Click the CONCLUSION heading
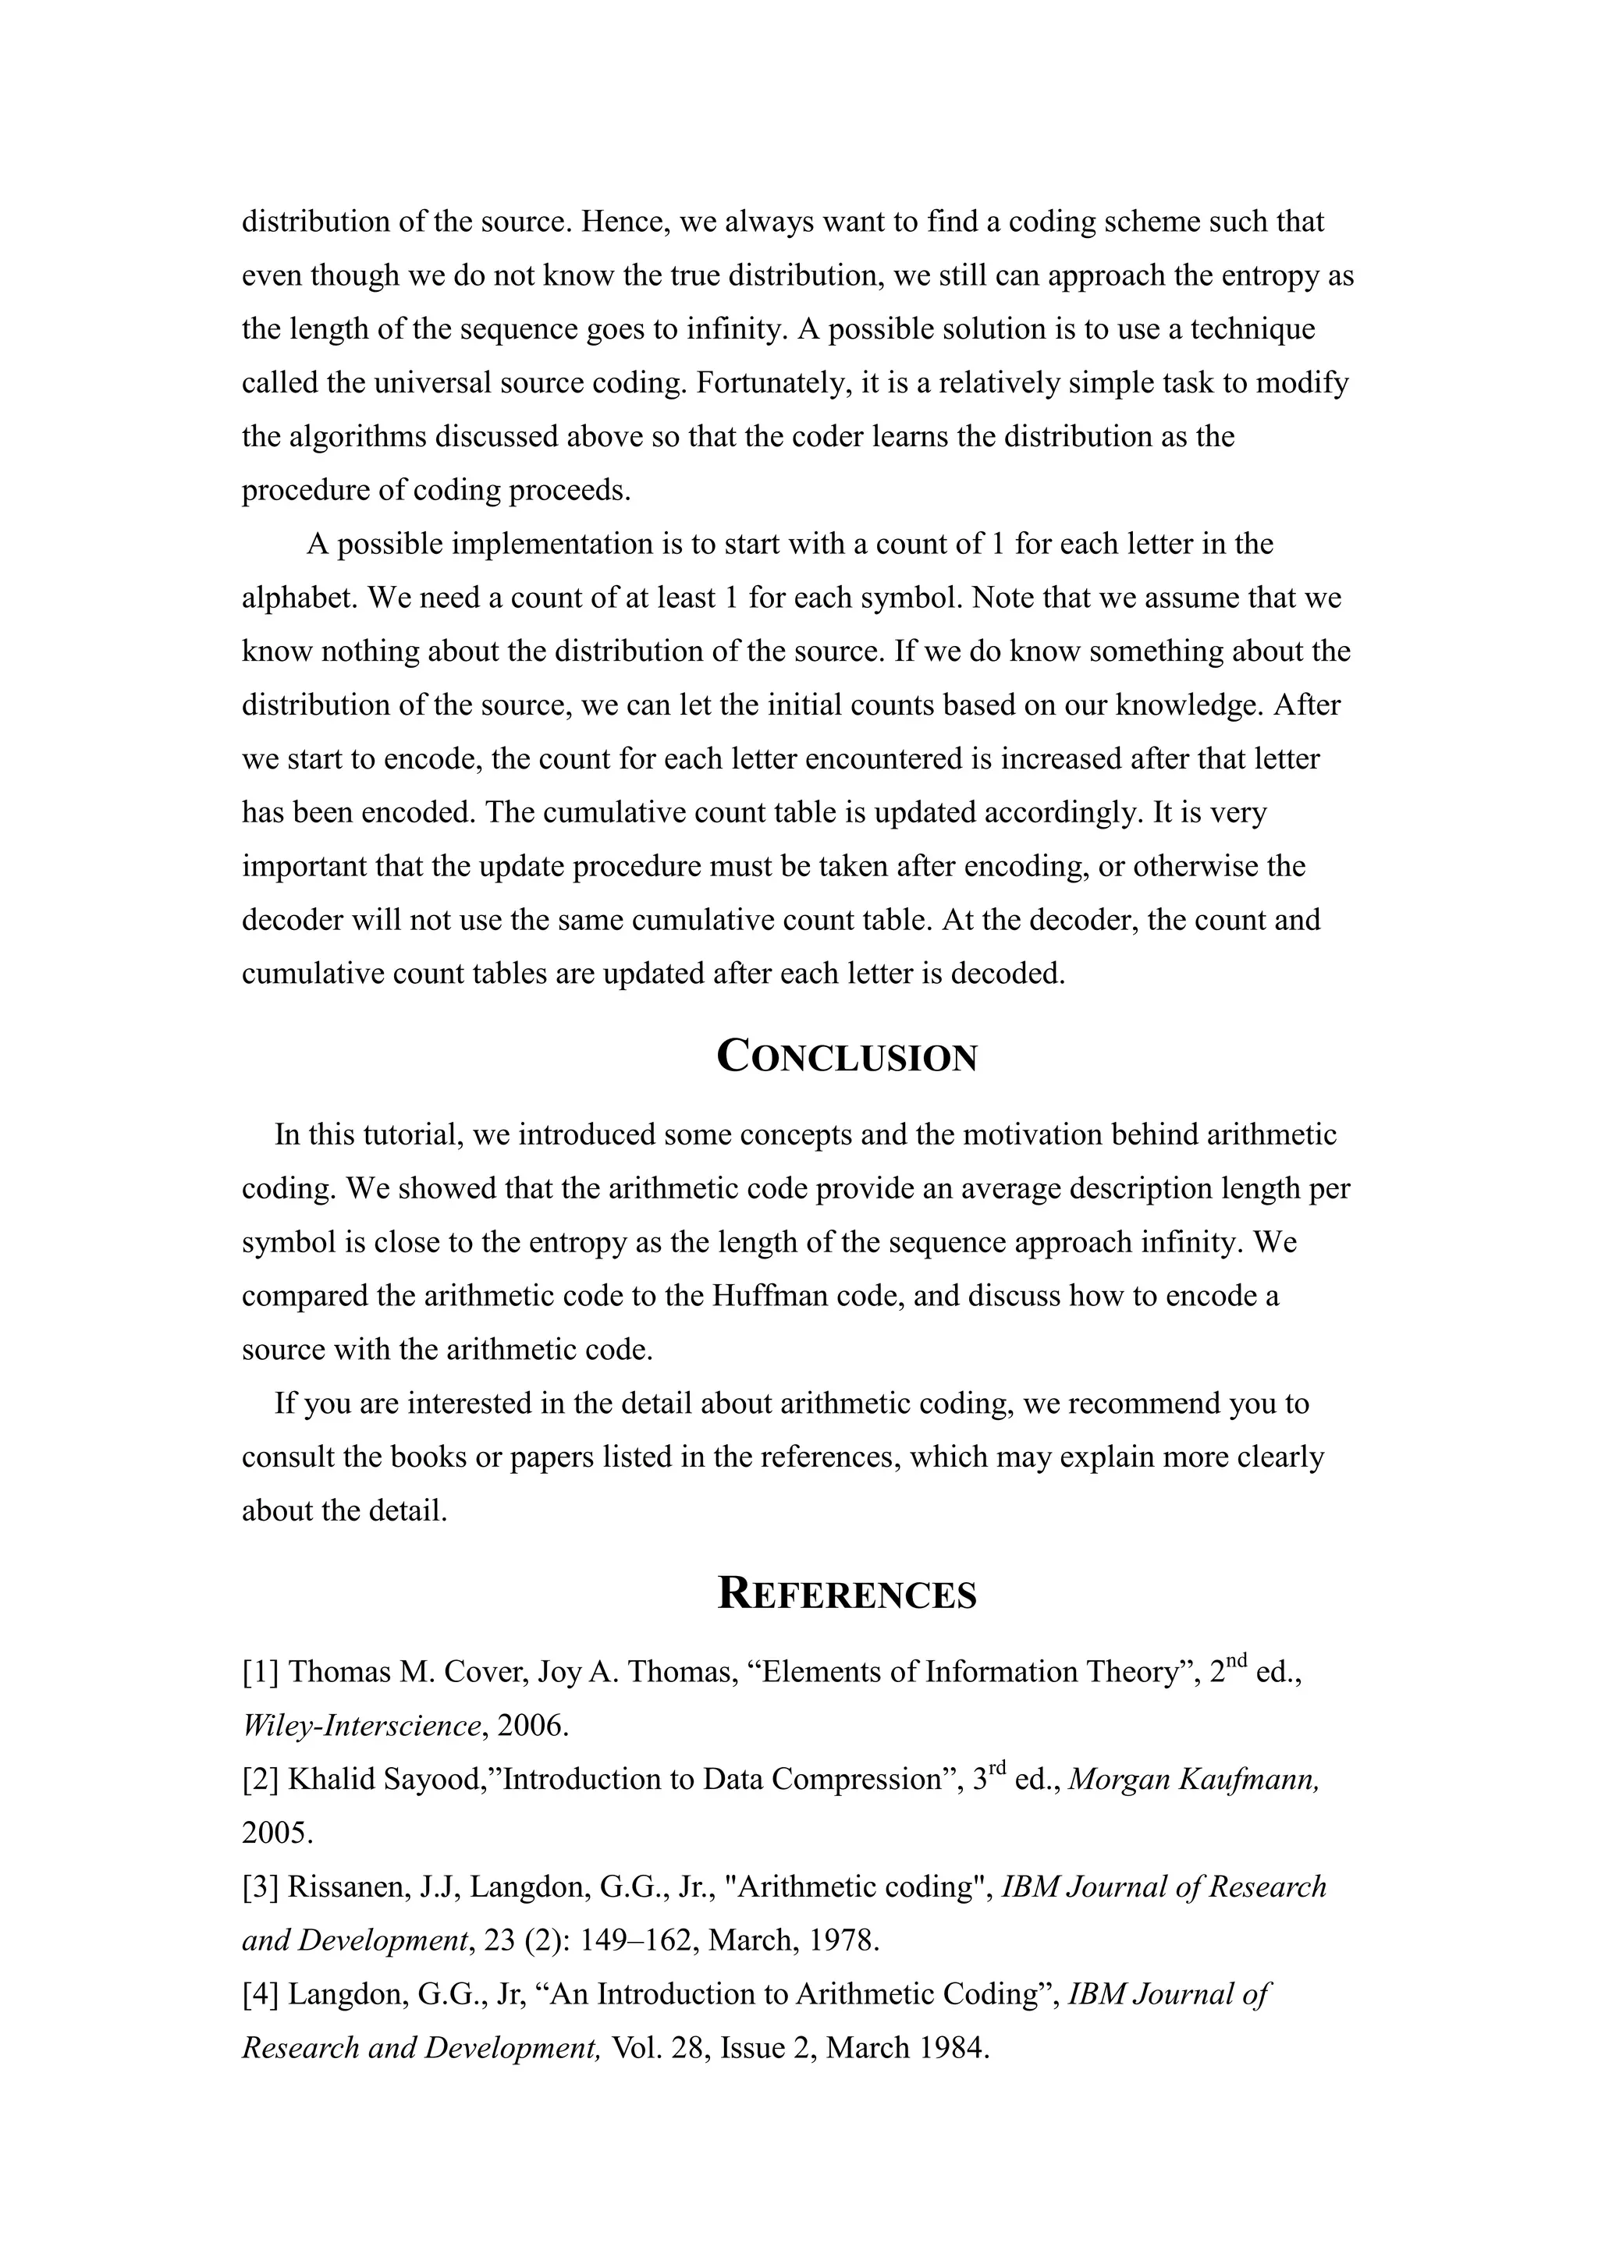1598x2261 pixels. (847, 1056)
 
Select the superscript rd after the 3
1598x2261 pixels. (996, 1769)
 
